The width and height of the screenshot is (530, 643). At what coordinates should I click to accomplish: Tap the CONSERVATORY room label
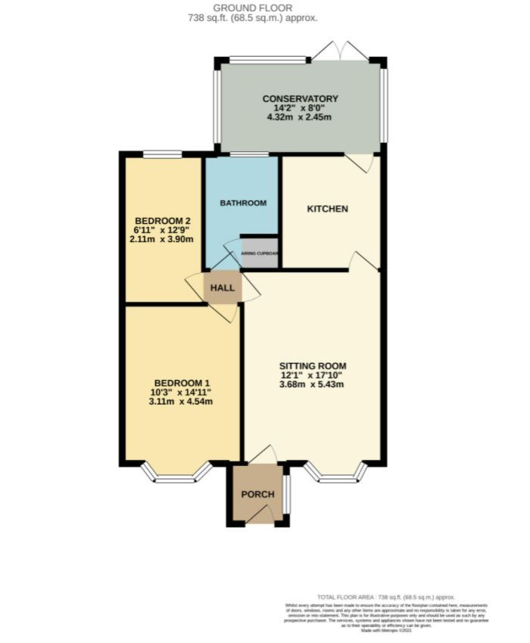click(300, 99)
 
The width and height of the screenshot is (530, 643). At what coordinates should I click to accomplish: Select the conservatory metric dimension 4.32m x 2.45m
click(300, 118)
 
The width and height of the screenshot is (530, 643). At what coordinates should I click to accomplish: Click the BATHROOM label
click(243, 203)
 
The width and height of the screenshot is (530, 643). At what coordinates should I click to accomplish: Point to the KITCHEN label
click(327, 209)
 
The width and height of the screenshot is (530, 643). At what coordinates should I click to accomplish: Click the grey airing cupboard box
click(260, 254)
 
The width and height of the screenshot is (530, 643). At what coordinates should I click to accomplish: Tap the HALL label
click(222, 288)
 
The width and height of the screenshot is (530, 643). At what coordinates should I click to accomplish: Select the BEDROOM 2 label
click(161, 221)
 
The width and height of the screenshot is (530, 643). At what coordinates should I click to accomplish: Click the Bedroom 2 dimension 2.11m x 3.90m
click(161, 240)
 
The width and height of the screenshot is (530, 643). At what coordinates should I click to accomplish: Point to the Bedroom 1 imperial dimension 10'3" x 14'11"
click(181, 392)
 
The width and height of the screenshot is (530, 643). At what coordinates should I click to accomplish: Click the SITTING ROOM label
click(311, 365)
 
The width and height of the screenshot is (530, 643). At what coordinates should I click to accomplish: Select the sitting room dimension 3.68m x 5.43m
click(311, 384)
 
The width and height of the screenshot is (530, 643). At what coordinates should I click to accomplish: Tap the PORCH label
click(257, 495)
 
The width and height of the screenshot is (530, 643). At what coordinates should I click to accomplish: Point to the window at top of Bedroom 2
click(163, 155)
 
